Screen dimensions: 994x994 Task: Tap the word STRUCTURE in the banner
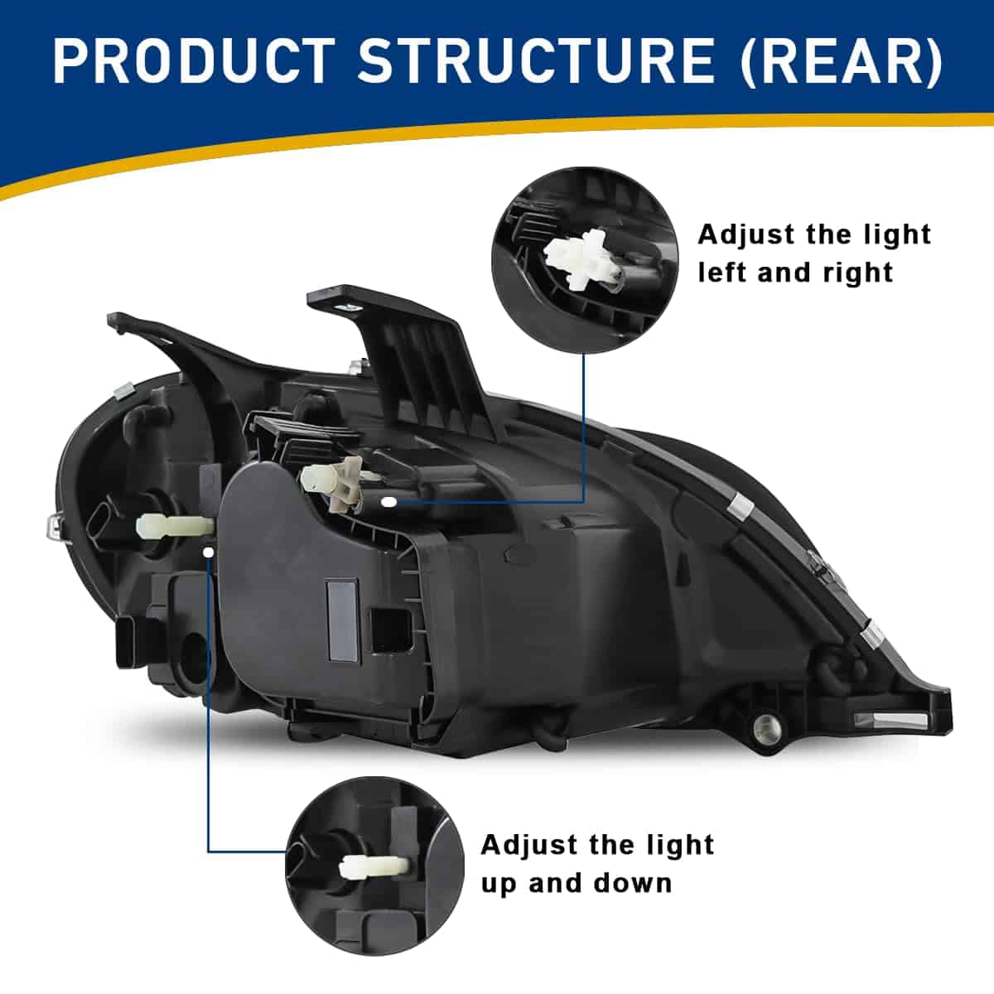click(534, 62)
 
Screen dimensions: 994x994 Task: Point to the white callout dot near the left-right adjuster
click(390, 501)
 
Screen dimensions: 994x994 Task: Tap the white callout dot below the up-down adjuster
click(209, 552)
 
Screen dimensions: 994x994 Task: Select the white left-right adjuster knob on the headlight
click(333, 482)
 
